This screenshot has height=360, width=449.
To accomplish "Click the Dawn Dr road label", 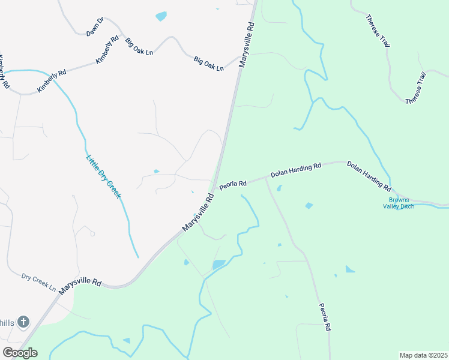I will pyautogui.click(x=95, y=27).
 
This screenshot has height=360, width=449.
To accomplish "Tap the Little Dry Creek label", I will pyautogui.click(x=104, y=177).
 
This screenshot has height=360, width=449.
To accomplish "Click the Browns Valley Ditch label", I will pyautogui.click(x=399, y=203).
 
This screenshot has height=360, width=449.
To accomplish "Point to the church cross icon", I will pyautogui.click(x=23, y=322).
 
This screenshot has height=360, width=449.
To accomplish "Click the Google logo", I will pyautogui.click(x=20, y=353).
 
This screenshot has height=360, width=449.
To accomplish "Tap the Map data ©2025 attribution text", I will pyautogui.click(x=423, y=355).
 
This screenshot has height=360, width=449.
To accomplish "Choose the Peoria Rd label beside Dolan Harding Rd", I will pyautogui.click(x=233, y=184).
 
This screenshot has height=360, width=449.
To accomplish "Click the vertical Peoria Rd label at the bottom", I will pyautogui.click(x=324, y=316).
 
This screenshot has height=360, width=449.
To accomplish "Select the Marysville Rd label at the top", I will pyautogui.click(x=247, y=45).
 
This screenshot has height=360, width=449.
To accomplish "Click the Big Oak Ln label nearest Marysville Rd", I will pyautogui.click(x=208, y=64).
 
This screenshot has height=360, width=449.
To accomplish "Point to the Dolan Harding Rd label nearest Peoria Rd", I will pyautogui.click(x=296, y=170).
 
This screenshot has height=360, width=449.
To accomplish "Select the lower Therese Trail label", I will pyautogui.click(x=415, y=88).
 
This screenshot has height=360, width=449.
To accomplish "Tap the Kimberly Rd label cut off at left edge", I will pyautogui.click(x=4, y=72).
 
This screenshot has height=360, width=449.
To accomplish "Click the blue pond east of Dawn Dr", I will pyautogui.click(x=161, y=16).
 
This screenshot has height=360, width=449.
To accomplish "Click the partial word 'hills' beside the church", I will pyautogui.click(x=7, y=323).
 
